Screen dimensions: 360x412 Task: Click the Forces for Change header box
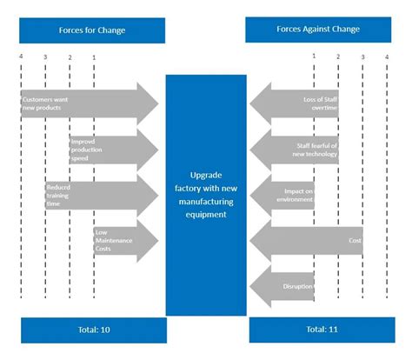tap(92, 30)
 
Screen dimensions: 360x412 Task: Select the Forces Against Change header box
tap(318, 30)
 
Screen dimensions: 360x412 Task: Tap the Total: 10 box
tap(92, 330)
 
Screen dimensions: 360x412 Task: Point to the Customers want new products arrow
tap(87, 103)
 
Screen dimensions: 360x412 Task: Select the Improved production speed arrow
tap(113, 150)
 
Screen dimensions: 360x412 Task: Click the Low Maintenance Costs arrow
tap(125, 239)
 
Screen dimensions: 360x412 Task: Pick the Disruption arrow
tap(282, 286)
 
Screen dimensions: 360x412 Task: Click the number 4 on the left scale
tap(21, 57)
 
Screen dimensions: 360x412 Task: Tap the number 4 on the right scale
tap(388, 57)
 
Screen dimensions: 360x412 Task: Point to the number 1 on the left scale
tap(94, 57)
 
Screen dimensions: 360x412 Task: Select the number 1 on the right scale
tap(315, 57)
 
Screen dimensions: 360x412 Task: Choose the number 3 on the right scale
tap(363, 57)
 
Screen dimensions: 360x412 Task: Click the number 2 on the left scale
tap(70, 57)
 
